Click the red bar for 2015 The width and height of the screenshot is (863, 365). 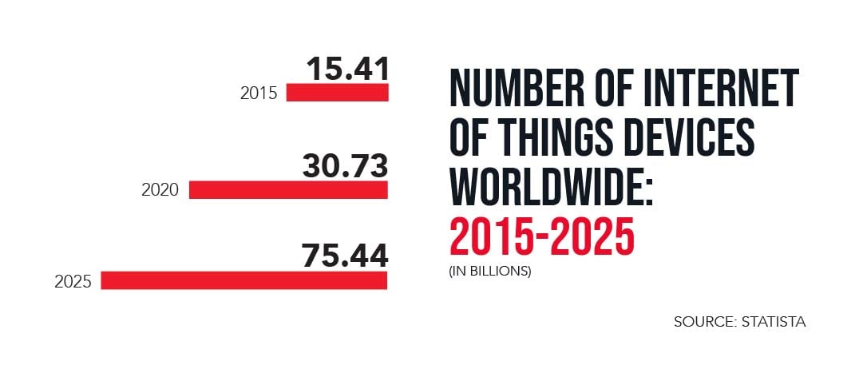coord(337,93)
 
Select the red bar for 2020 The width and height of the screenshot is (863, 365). coord(288,189)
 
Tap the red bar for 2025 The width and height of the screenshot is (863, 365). coord(244,280)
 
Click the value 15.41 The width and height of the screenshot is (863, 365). coord(348,69)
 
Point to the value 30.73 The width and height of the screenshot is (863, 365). coord(345,166)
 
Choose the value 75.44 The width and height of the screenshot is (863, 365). coord(345,256)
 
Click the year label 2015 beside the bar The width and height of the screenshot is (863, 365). coord(259,93)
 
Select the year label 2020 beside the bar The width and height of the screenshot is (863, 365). coord(160,190)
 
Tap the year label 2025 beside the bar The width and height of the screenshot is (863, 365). coord(73,281)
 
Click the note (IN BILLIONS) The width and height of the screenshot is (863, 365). coord(489,271)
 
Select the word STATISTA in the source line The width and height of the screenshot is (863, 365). coord(773,322)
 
